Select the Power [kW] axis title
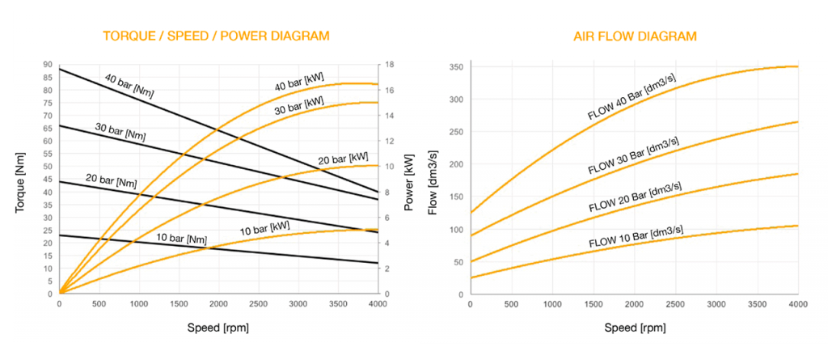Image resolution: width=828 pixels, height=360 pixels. [409, 180]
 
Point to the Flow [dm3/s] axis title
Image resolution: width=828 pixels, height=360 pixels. [433, 180]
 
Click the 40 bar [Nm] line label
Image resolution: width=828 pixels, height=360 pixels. [129, 85]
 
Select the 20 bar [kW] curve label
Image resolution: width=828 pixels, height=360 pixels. [343, 159]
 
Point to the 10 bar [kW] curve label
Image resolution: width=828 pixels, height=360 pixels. [265, 228]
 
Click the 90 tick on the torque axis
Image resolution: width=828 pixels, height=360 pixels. [48, 65]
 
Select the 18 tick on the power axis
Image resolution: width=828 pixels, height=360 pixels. [389, 65]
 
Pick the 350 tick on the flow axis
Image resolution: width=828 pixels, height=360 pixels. [455, 66]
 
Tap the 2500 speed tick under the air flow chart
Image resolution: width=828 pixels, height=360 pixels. [674, 304]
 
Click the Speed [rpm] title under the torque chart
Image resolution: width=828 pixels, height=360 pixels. [219, 329]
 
